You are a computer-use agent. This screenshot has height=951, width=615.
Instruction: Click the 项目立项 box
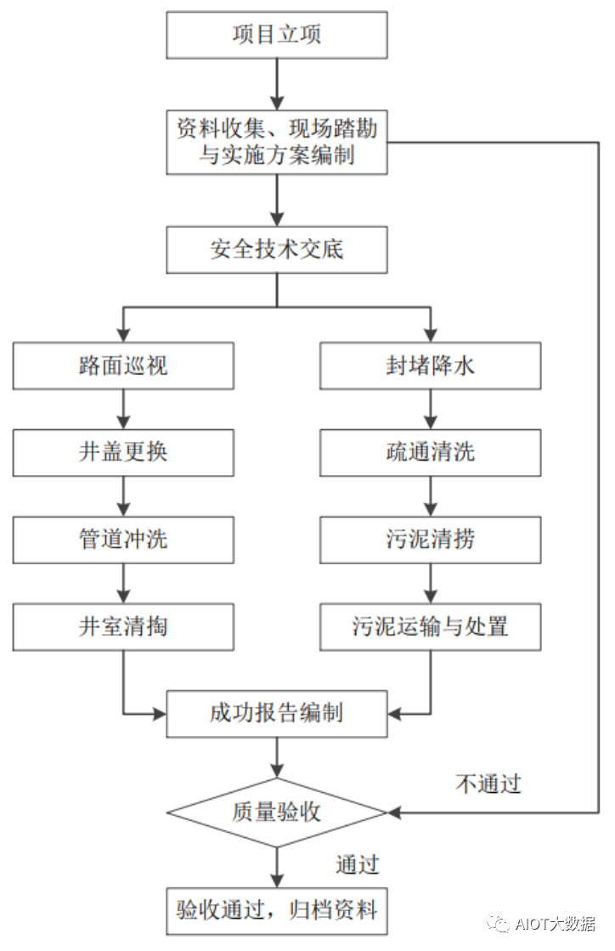tap(277, 35)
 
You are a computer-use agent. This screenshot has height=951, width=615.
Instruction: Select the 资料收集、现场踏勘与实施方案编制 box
tap(277, 142)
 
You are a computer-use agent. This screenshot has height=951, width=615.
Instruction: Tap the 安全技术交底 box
tap(277, 250)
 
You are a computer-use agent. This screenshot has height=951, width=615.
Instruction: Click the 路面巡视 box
tap(123, 365)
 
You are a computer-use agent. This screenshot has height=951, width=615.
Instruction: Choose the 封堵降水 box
tap(430, 365)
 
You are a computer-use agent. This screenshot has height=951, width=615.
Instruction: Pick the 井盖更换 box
tap(123, 451)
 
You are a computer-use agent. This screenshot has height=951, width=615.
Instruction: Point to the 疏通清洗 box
tap(430, 451)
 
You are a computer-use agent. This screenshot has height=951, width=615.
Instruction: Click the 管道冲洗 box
tap(123, 539)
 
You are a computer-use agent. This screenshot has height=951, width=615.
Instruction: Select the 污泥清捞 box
tap(430, 539)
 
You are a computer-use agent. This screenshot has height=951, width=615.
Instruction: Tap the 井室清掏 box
tap(123, 626)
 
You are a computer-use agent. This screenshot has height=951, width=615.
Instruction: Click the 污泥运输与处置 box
tap(430, 626)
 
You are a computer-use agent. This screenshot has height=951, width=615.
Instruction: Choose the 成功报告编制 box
tap(277, 713)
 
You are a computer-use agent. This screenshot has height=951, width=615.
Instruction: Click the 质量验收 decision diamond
tap(277, 812)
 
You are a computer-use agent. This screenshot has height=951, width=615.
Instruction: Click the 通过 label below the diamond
tap(357, 864)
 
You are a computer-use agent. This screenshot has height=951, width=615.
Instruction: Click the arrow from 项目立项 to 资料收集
tap(277, 85)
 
